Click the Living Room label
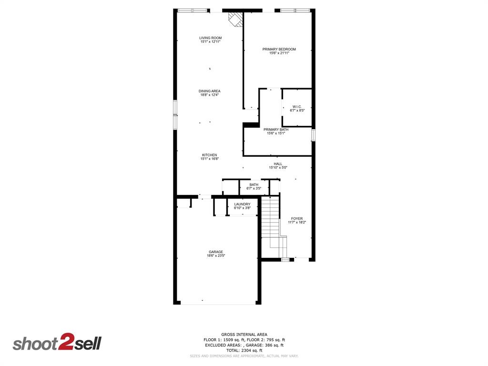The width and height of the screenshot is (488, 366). [x=210, y=38]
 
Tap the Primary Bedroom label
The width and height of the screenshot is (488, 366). [x=279, y=49]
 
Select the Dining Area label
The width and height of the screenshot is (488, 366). [x=210, y=91]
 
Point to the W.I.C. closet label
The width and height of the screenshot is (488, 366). [x=297, y=107]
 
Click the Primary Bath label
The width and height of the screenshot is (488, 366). [x=276, y=130]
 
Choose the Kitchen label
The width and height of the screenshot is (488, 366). [x=210, y=155]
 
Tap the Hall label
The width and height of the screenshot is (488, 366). [x=278, y=164]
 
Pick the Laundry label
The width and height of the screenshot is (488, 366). [x=242, y=204]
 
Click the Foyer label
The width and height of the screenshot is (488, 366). [x=297, y=219]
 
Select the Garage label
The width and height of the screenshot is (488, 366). [x=215, y=252]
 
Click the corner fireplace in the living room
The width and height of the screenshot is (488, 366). [x=235, y=19]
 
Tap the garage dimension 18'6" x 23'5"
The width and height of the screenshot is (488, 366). [x=215, y=256]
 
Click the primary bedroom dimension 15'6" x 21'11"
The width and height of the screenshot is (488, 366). [x=279, y=53]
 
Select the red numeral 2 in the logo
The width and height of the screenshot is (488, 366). [x=65, y=342]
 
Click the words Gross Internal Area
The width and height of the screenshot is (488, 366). [x=244, y=335]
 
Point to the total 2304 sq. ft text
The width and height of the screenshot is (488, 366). [x=244, y=350]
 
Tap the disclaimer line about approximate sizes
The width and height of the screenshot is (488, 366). [x=244, y=356]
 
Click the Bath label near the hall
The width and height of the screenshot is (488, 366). [x=254, y=185]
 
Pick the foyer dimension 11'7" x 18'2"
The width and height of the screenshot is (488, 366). [x=297, y=223]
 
